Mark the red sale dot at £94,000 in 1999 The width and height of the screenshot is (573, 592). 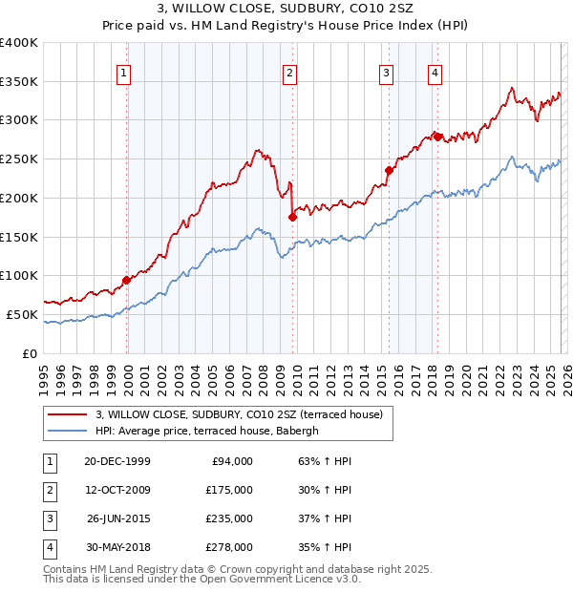pos(127,281)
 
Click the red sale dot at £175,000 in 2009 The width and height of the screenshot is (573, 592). pos(293,217)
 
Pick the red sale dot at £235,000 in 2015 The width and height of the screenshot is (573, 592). pos(390,170)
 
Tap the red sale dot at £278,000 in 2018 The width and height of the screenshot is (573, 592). pos(438,137)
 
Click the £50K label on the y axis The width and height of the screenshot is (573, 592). pos(22,314)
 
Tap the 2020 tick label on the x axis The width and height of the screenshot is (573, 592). pos(466,372)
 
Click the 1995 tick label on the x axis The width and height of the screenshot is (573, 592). pos(44,372)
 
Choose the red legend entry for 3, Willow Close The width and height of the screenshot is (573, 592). pos(239,414)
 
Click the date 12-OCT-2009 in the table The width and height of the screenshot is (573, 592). pos(117,489)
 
